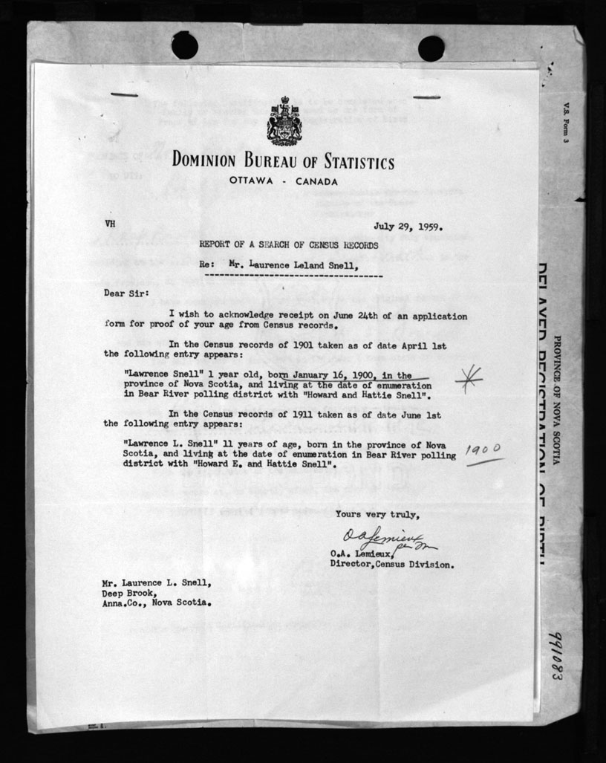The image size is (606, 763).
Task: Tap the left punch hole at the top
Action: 184,45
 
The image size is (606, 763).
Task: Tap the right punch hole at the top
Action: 431,48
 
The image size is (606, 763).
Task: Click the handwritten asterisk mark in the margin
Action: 468,379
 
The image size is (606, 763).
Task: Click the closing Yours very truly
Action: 377,514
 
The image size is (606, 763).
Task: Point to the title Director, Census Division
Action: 391,565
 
